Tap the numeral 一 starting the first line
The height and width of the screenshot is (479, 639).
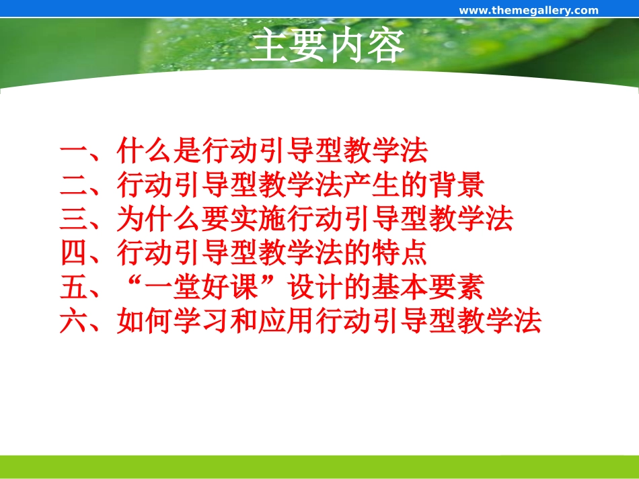pyautogui.click(x=73, y=152)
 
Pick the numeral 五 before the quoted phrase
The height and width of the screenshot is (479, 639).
pyautogui.click(x=73, y=288)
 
